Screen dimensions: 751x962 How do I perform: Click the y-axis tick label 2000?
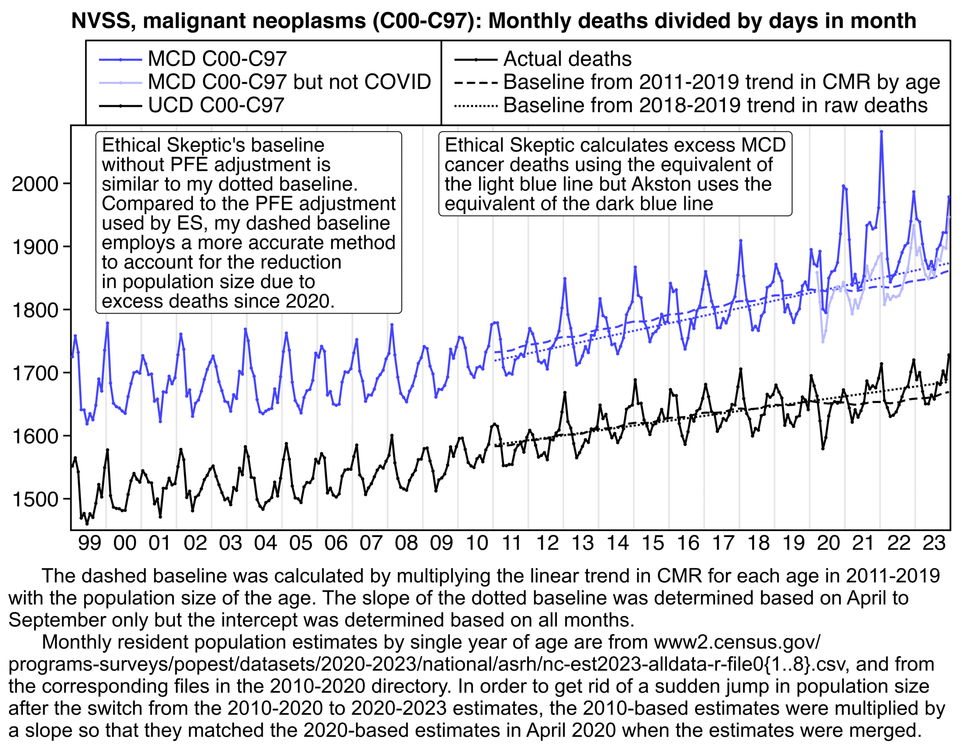[35, 184]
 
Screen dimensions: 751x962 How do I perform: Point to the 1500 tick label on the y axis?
[35, 499]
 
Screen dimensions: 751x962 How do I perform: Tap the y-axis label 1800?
[35, 310]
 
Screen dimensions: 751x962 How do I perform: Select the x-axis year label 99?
[90, 543]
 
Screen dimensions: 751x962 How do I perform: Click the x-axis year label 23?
[934, 543]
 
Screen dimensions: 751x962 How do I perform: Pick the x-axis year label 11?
[512, 543]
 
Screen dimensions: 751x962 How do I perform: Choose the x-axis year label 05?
[301, 543]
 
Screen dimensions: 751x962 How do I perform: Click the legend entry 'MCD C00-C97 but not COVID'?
[289, 82]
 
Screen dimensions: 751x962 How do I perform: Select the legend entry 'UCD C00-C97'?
[216, 105]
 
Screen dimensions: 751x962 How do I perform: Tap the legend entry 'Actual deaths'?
[567, 59]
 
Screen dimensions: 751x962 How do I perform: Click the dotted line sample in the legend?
[476, 106]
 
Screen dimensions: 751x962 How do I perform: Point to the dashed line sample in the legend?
[476, 83]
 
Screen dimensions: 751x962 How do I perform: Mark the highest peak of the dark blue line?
[881, 132]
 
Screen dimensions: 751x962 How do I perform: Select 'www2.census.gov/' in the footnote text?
[737, 642]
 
